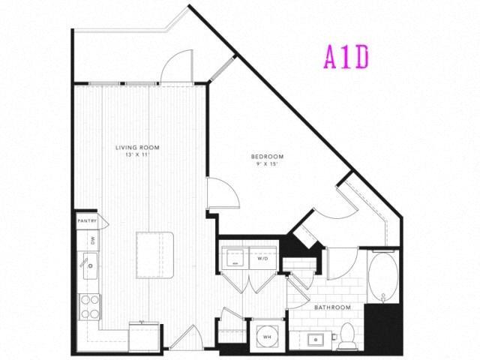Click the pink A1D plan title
coord(346,57)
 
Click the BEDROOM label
coord(265,156)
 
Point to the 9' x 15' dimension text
coord(265,164)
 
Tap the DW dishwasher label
coord(91,240)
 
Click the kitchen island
coord(155,254)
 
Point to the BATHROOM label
coord(333,307)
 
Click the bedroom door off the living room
coord(222,193)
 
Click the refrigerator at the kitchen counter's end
coord(144,336)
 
